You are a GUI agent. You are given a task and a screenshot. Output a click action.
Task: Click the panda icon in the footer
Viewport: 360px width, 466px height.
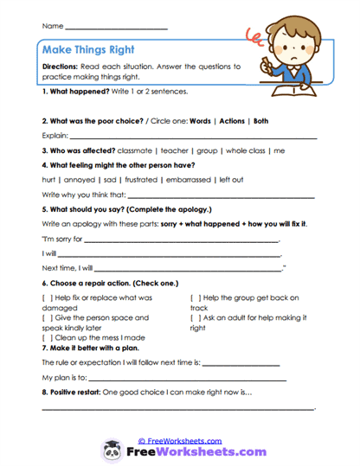click(x=112, y=450)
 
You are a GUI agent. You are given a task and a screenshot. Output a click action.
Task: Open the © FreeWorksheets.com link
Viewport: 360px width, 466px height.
click(x=179, y=440)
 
